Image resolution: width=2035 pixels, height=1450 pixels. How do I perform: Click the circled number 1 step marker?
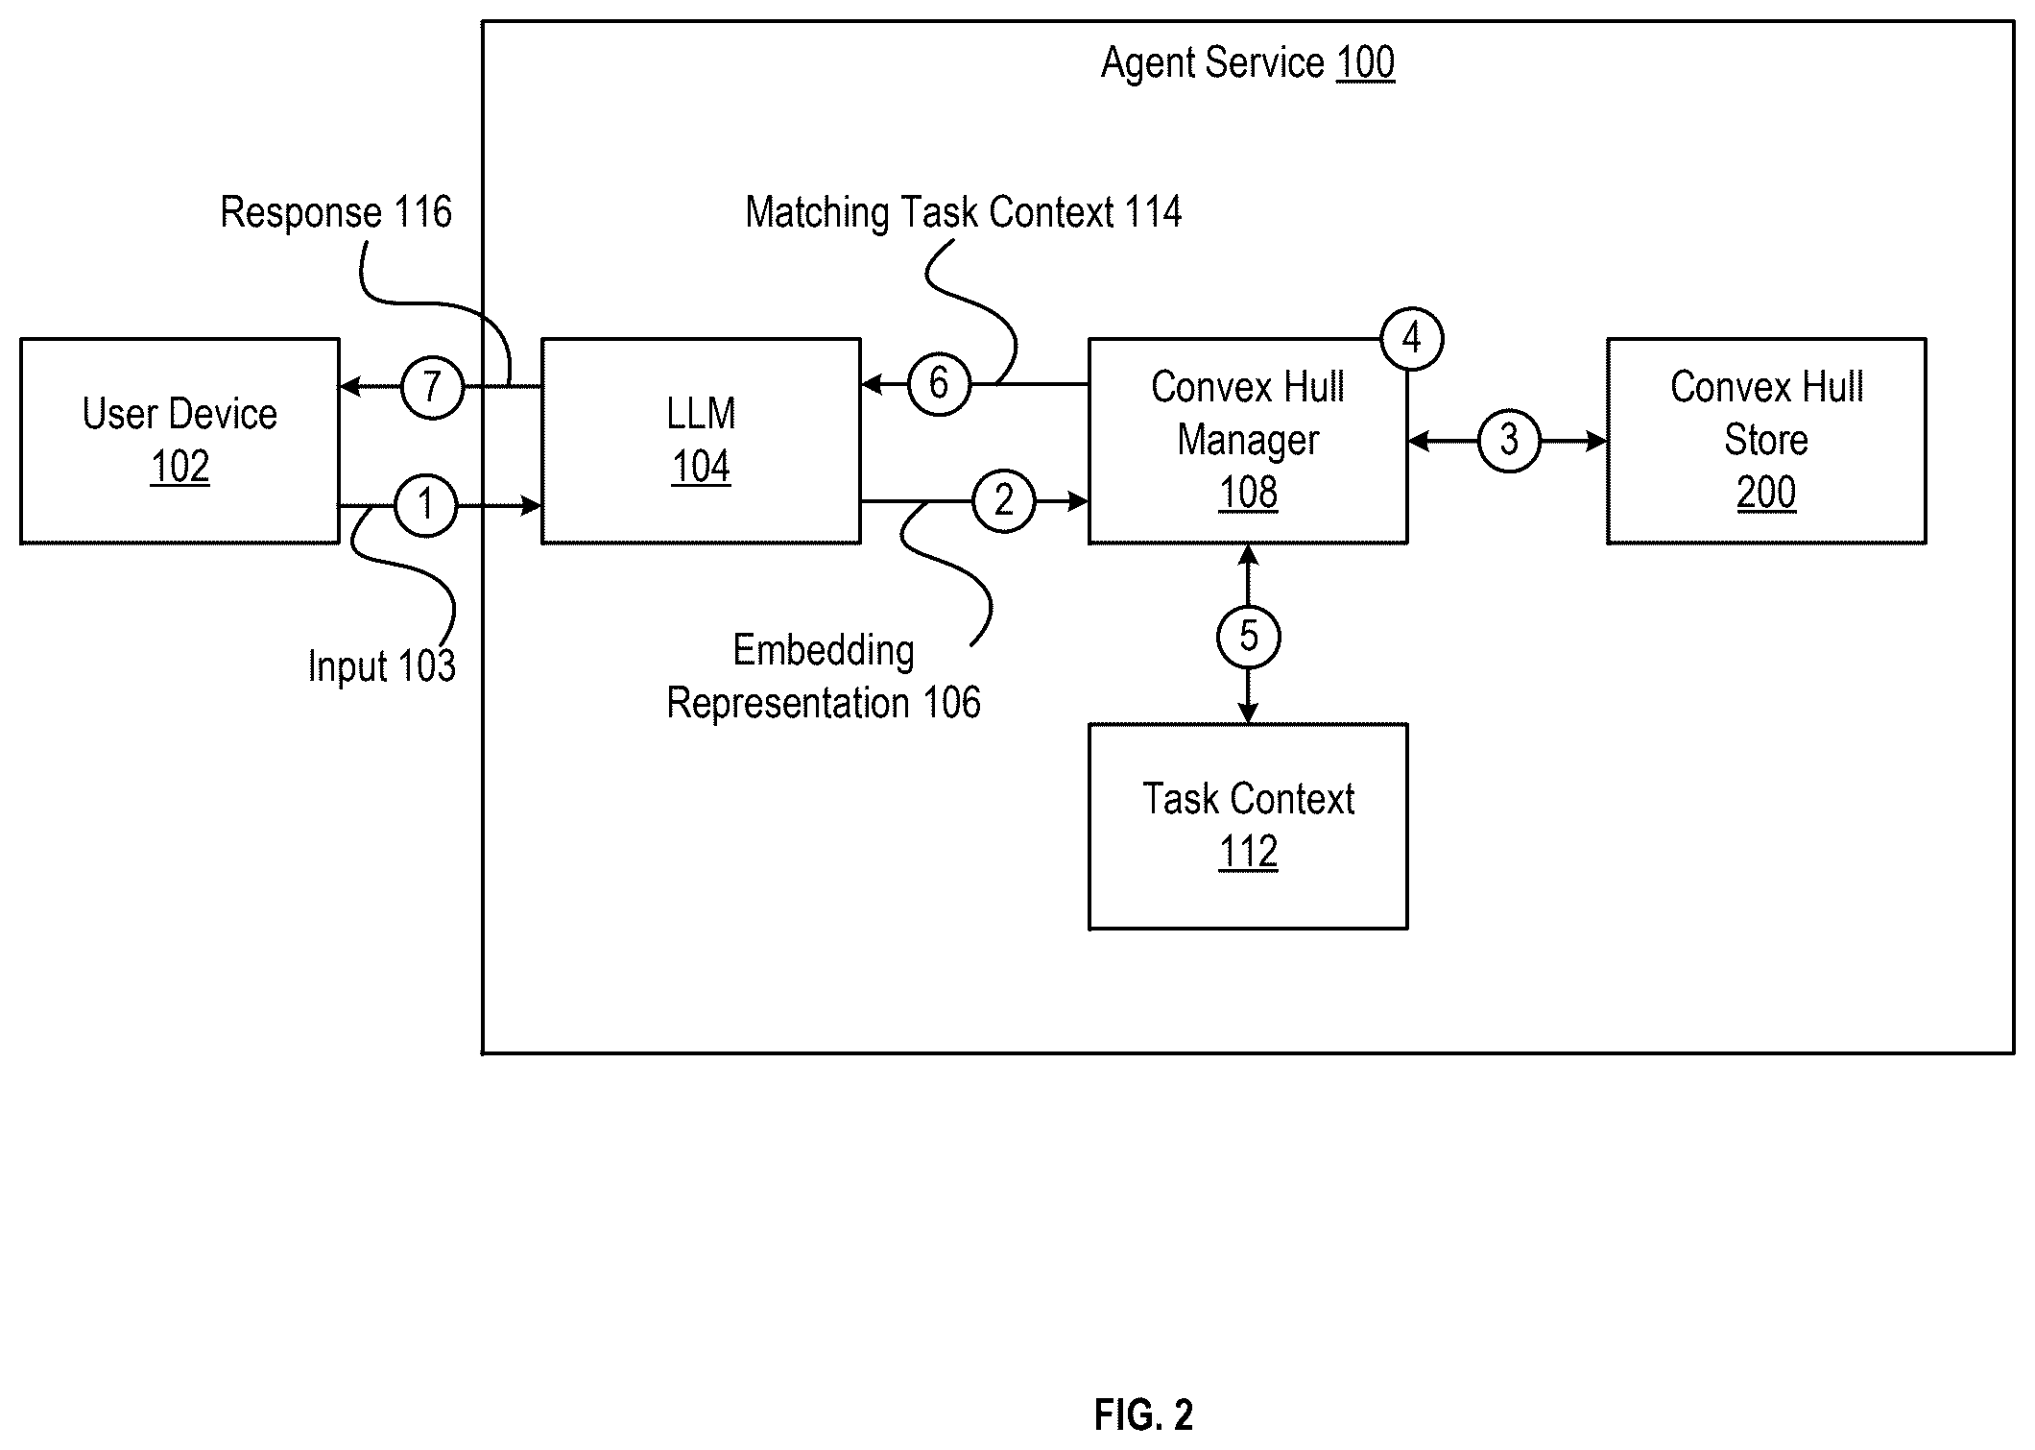pos(426,504)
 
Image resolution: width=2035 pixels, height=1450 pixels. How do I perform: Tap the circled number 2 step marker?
pos(1004,500)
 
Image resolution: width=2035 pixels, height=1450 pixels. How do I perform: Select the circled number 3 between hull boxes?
pos(1509,441)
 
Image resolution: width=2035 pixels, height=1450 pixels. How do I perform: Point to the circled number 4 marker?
pos(1412,339)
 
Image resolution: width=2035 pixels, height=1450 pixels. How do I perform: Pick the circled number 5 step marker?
pos(1248,636)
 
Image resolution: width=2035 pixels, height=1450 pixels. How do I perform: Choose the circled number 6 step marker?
pos(940,384)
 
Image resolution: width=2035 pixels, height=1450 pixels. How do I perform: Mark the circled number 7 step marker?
pos(432,387)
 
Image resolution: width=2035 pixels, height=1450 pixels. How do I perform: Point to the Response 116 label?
pos(336,212)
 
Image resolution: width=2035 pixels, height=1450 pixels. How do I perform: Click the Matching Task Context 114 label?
pos(964,212)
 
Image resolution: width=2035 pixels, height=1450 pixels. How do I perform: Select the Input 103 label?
pos(381,665)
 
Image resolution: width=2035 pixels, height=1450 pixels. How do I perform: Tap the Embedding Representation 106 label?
pos(824,676)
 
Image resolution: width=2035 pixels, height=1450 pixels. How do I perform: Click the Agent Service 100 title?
pos(1248,63)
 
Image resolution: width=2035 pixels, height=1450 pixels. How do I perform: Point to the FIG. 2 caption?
pos(1143,1414)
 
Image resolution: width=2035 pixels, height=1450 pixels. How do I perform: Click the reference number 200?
pos(1766,493)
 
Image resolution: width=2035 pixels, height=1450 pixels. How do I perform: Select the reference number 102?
pos(180,467)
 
